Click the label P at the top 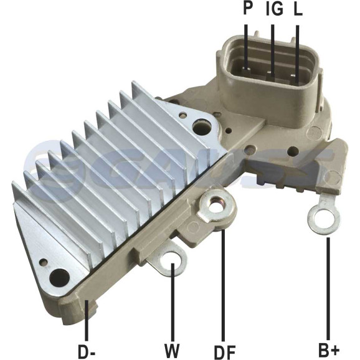(247, 9)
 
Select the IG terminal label (275, 9)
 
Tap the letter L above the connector (298, 9)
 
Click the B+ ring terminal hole (324, 217)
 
